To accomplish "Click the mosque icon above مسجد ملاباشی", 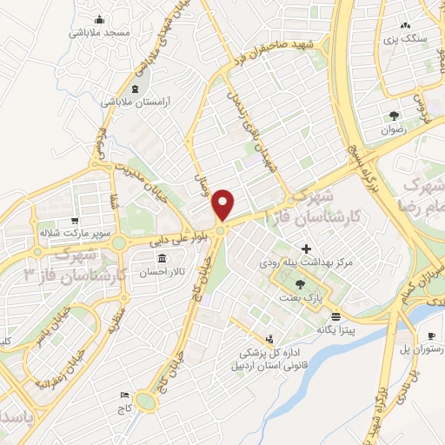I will coord(99,19).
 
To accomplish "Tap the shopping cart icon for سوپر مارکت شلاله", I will coord(76,221).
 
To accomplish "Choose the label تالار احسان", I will coord(162,272).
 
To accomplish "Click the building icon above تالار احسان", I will coord(162,259).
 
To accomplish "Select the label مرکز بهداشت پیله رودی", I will coord(304,262).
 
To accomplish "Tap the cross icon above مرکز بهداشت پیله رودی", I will coord(306,249).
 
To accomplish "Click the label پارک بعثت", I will coord(302,297).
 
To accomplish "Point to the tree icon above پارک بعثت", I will coord(301,284).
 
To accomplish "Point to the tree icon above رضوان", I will coord(395,116).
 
